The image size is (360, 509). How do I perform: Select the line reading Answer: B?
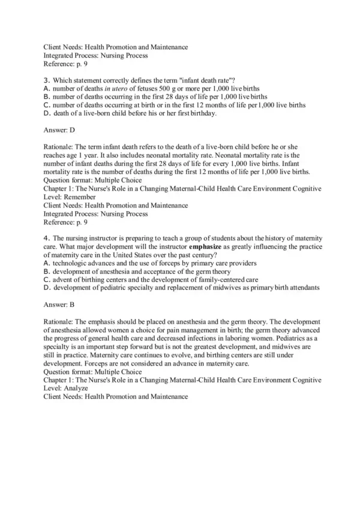click(x=60, y=305)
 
